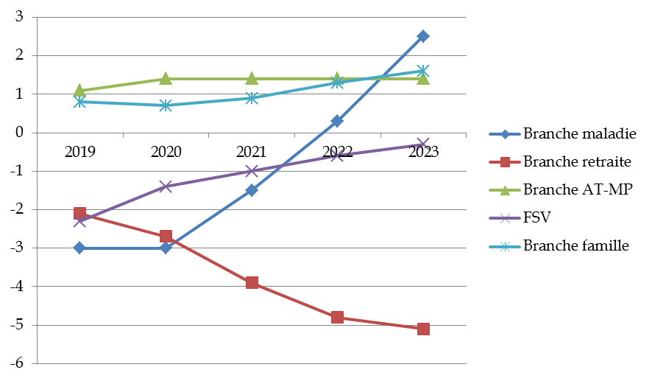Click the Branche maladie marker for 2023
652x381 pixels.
pyautogui.click(x=423, y=36)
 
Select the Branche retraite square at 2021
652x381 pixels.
pyautogui.click(x=252, y=283)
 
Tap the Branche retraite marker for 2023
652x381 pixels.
pyautogui.click(x=423, y=329)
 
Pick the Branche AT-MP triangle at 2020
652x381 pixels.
pyautogui.click(x=166, y=79)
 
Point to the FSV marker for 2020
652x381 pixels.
pyautogui.click(x=166, y=186)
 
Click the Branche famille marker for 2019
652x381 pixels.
pyautogui.click(x=79, y=102)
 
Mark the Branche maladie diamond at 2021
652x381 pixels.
pyautogui.click(x=252, y=190)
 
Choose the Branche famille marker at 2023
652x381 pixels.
pyautogui.click(x=423, y=71)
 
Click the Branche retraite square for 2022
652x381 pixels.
pyautogui.click(x=337, y=318)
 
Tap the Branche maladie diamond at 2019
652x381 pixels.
pyautogui.click(x=79, y=248)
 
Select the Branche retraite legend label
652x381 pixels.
pyautogui.click(x=578, y=162)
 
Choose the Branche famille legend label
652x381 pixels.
pyautogui.click(x=575, y=246)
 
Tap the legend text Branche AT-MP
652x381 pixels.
pyautogui.click(x=573, y=190)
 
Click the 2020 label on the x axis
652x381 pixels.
pyautogui.click(x=166, y=153)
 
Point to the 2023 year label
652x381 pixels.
pyautogui.click(x=423, y=153)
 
